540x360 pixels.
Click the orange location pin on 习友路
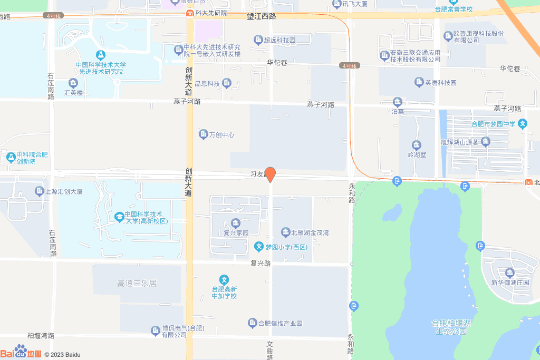(270, 174)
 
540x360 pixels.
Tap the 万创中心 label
(221, 135)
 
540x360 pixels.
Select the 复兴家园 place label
(236, 232)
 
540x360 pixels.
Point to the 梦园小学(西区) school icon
(259, 246)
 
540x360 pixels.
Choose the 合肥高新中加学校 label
(224, 292)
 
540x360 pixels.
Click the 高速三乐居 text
(137, 284)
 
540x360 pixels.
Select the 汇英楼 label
(73, 93)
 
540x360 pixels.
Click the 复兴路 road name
(261, 263)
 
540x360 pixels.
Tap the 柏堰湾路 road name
(41, 335)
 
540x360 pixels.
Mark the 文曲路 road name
(270, 350)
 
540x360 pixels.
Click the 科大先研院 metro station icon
(189, 13)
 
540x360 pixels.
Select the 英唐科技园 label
(441, 83)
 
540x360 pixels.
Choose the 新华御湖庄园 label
(510, 283)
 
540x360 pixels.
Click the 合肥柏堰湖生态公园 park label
(451, 327)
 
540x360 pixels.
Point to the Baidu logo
(21, 353)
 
